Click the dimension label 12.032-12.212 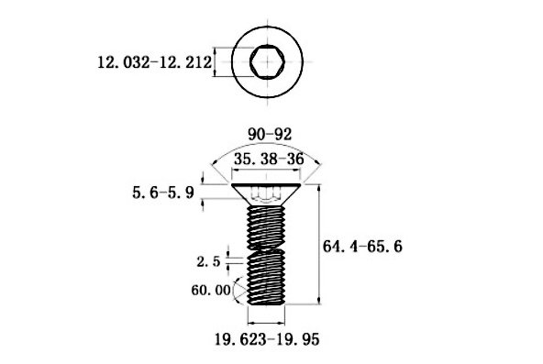(x=154, y=62)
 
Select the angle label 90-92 (x=268, y=134)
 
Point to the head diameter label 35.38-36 (x=268, y=159)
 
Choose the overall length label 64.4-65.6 (x=364, y=247)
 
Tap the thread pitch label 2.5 (x=207, y=261)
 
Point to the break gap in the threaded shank (x=268, y=248)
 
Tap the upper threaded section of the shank (x=268, y=226)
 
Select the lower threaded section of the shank (x=268, y=279)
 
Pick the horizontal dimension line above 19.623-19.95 (x=267, y=323)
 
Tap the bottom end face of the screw (x=268, y=304)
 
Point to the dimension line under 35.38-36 (x=268, y=171)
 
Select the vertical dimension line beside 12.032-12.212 (x=216, y=62)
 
